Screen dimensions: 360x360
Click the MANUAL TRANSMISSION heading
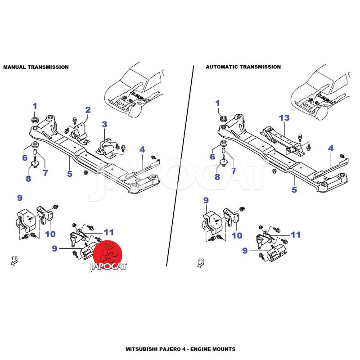pyautogui.click(x=36, y=67)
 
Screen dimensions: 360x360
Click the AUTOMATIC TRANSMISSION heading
pyautogui.click(x=243, y=67)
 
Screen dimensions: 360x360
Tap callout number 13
pyautogui.click(x=284, y=118)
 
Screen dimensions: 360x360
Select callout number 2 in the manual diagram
pyautogui.click(x=88, y=109)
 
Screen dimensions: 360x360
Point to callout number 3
pyautogui.click(x=104, y=124)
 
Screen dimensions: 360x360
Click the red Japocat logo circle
pyautogui.click(x=108, y=254)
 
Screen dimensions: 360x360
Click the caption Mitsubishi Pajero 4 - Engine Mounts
pyautogui.click(x=180, y=349)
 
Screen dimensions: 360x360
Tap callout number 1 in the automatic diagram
pyautogui.click(x=218, y=103)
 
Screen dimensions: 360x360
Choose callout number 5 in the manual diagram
pyautogui.click(x=70, y=173)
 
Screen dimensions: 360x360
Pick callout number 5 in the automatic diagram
pyautogui.click(x=294, y=189)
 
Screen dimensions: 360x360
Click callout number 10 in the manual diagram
pyautogui.click(x=49, y=234)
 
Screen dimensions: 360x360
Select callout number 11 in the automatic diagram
pyautogui.click(x=296, y=234)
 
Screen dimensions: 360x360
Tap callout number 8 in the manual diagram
pyautogui.click(x=28, y=179)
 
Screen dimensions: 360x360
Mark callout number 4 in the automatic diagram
pyautogui.click(x=331, y=148)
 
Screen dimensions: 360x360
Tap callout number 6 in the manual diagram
pyautogui.click(x=25, y=158)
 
